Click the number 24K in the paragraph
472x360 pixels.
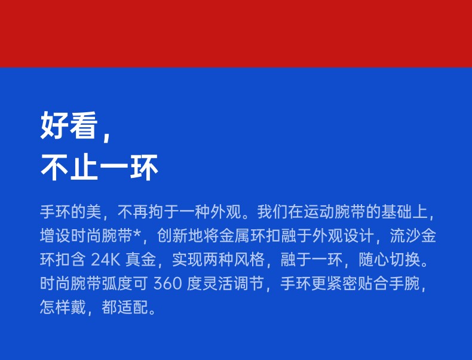[x=105, y=259]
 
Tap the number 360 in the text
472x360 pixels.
[x=168, y=284]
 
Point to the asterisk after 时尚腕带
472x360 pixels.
[x=136, y=233]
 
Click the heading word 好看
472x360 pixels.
[x=69, y=125]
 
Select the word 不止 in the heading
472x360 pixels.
[x=69, y=167]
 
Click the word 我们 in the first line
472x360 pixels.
[x=272, y=212]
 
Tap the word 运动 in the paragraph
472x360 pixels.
[x=319, y=212]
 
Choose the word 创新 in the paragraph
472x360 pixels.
[x=172, y=235]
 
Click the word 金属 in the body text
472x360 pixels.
[x=234, y=235]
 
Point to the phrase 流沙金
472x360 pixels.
[x=413, y=235]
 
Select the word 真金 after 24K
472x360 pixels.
[x=140, y=259]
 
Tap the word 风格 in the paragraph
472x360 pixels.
[x=250, y=259]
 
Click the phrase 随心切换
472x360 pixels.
[x=389, y=259]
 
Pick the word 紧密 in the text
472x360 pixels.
[x=342, y=284]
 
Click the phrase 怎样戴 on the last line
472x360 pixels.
[x=63, y=307]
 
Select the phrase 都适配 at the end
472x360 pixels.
[x=125, y=307]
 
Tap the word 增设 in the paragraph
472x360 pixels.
[x=56, y=235]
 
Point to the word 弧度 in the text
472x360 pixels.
[x=117, y=284]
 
